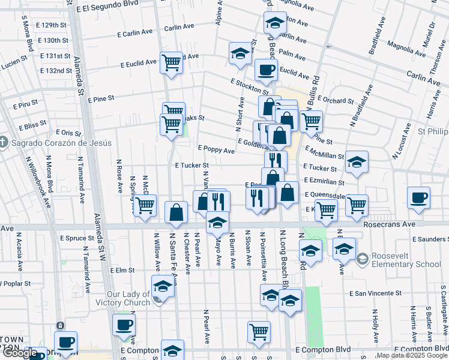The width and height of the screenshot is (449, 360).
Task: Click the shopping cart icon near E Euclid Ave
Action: pos(171,62)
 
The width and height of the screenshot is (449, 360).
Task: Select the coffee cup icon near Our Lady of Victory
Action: pos(124,326)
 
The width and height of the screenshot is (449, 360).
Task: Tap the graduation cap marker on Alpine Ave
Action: pos(240,53)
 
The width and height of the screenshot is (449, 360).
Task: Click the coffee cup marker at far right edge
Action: pos(418,198)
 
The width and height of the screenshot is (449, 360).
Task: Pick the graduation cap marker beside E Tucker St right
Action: pos(357,162)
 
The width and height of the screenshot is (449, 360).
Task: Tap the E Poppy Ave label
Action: pos(216,151)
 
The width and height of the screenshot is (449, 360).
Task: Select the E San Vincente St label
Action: pos(376,294)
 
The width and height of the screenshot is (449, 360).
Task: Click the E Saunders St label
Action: pos(429,239)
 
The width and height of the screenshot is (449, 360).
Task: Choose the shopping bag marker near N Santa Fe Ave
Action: pos(176,212)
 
